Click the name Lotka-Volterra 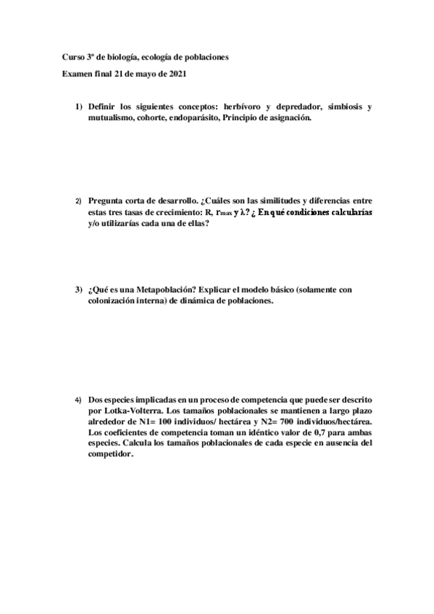[120, 411]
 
